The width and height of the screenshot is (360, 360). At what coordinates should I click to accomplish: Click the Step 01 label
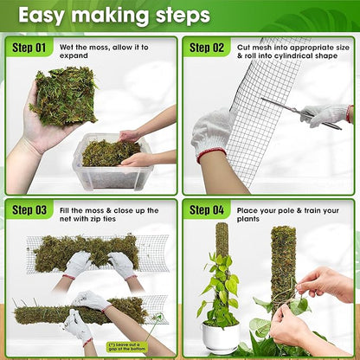30,47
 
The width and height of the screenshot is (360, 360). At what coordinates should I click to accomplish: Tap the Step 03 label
30,209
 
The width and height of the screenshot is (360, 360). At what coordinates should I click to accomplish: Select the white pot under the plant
221,337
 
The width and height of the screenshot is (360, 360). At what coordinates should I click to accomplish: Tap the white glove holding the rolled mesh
213,133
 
